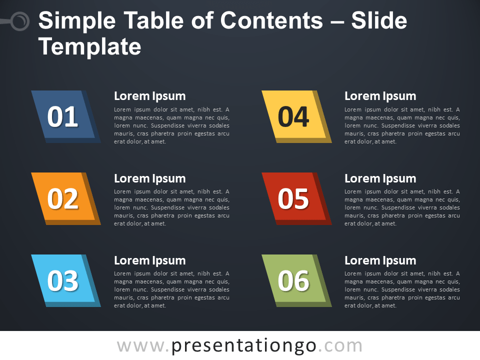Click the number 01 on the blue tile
click(62, 117)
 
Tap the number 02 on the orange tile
click(62, 199)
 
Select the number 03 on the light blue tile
click(62, 281)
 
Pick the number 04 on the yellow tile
click(293, 117)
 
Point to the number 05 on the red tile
click(293, 199)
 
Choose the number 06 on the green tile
click(293, 281)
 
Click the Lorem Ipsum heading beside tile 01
click(149, 96)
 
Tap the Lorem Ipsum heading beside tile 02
click(149, 178)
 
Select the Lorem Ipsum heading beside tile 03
click(149, 260)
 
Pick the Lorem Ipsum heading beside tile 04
click(380, 96)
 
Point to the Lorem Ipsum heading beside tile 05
click(380, 178)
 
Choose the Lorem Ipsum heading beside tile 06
click(380, 260)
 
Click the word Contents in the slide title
click(271, 21)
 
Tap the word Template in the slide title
click(90, 46)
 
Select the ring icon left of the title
click(20, 21)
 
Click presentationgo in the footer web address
click(244, 345)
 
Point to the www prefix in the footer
click(139, 345)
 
